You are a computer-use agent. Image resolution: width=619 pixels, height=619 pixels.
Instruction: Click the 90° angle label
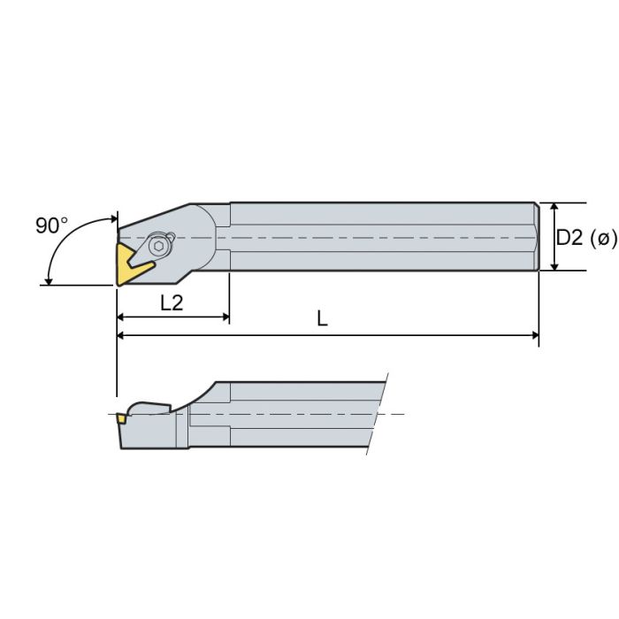click(x=51, y=225)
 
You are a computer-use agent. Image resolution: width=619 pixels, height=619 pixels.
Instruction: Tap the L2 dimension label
click(x=172, y=302)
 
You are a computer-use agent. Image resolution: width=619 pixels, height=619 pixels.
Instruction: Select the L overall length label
click(x=323, y=320)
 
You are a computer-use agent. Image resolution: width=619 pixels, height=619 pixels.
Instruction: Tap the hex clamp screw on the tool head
click(x=159, y=244)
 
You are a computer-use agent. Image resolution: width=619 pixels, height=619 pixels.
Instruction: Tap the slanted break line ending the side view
click(x=378, y=415)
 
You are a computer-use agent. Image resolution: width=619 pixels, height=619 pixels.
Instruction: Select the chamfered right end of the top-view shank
click(x=536, y=236)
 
